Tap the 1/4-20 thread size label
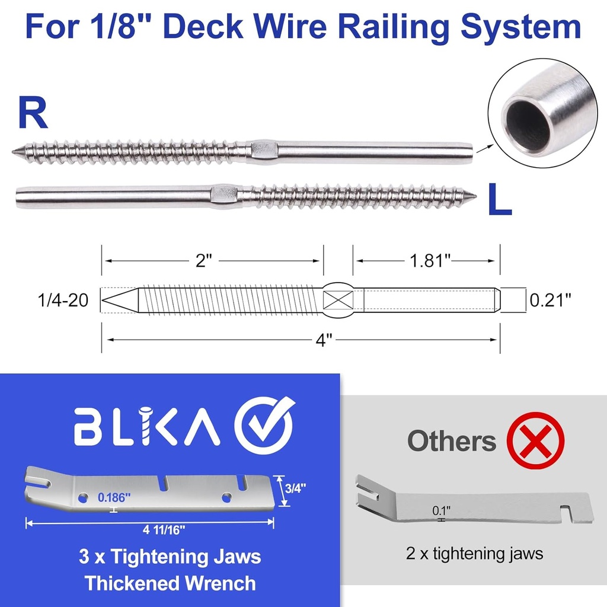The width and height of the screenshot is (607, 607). pyautogui.click(x=63, y=301)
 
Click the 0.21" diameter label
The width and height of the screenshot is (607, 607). pyautogui.click(x=550, y=300)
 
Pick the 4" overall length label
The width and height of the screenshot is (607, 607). pyautogui.click(x=322, y=341)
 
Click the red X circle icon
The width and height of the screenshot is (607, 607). pyautogui.click(x=535, y=440)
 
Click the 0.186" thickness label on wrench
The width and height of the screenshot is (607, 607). pyautogui.click(x=116, y=497)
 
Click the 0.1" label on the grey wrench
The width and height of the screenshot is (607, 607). pyautogui.click(x=441, y=510)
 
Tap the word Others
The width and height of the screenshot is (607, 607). pyautogui.click(x=451, y=441)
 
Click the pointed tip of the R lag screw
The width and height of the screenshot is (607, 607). pyautogui.click(x=14, y=151)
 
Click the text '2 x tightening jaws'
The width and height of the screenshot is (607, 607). pyautogui.click(x=474, y=554)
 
